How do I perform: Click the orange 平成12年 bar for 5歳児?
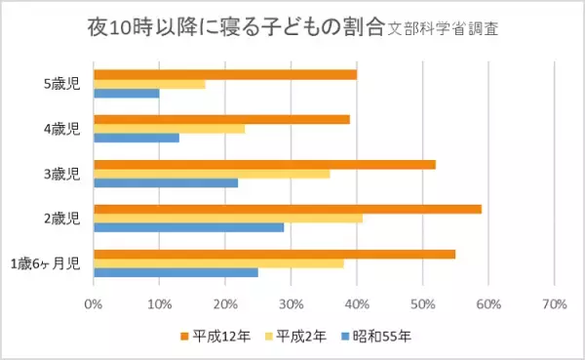coord(224,74)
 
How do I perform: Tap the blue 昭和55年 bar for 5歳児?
coord(126,94)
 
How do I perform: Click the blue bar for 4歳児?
coord(136,138)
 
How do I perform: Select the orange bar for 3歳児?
coord(263,164)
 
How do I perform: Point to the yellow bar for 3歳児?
coord(211,174)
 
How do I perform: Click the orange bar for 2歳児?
coord(287,209)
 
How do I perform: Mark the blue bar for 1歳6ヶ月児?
coord(175,272)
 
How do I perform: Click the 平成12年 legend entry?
coord(214,337)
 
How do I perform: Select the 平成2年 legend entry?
coord(295,337)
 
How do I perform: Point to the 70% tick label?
coord(554,303)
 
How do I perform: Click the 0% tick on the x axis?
coord(94,303)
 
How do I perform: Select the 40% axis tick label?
coord(356,303)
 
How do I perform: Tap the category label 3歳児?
coord(58,174)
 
